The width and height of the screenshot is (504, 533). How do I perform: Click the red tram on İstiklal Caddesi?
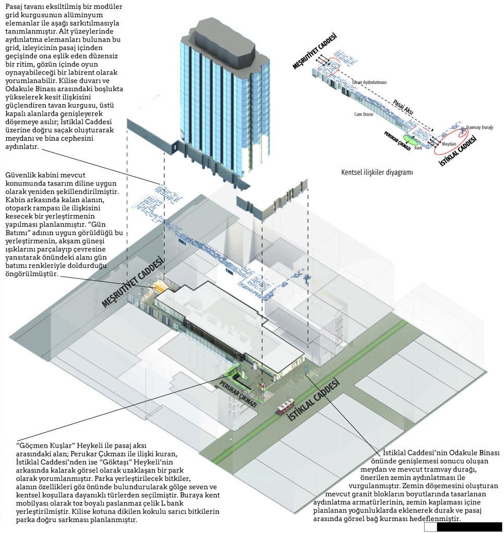pos(285,405)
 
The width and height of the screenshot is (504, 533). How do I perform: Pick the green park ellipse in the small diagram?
pos(411,139)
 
